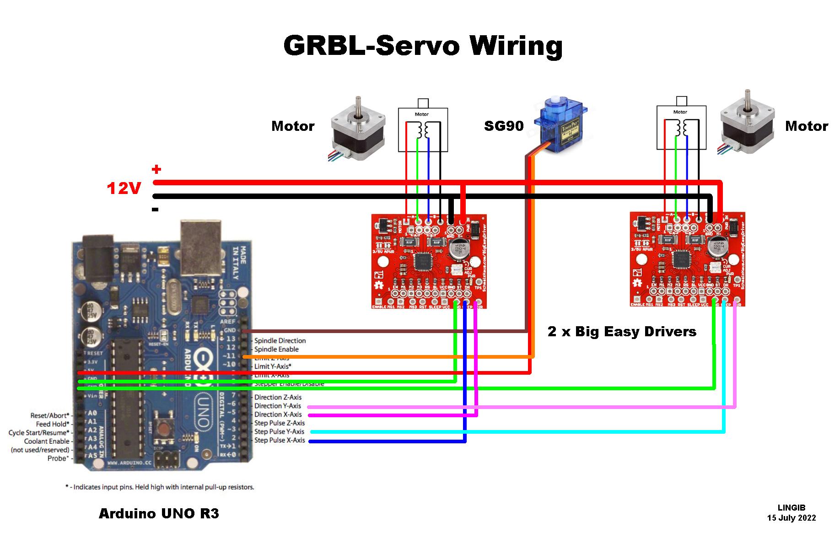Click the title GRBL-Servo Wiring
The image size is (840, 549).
pos(423,46)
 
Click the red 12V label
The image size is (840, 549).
pos(124,188)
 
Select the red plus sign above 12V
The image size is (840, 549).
pos(156,170)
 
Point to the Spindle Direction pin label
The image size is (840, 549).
pos(280,341)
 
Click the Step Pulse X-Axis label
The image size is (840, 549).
pos(280,441)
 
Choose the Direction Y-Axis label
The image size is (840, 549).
pos(278,406)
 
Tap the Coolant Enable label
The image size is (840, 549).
pos(47,441)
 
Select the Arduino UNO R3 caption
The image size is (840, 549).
pos(159,514)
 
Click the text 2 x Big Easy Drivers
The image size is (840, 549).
pos(622,332)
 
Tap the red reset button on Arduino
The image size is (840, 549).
pos(162,428)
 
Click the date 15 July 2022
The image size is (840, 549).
pos(792,518)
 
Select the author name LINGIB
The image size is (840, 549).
pos(792,508)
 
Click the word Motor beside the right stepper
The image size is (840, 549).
pos(806,126)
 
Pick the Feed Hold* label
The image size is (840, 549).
pos(53,424)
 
